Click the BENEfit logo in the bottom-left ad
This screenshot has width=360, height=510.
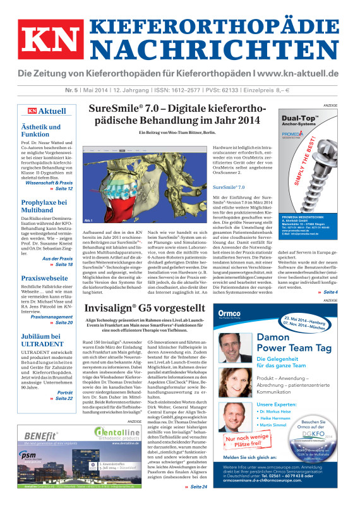tap(43, 435)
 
